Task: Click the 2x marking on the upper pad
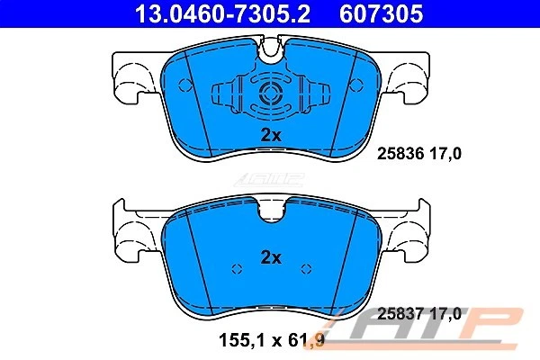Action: tap(271, 134)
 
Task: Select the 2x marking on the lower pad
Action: tap(271, 257)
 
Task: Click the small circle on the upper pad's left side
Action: tap(186, 86)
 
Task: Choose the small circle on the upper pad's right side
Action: tap(355, 86)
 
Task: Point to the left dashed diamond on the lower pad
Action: tap(236, 268)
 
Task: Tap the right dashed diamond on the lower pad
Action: tap(306, 268)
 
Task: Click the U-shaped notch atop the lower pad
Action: tap(270, 211)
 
